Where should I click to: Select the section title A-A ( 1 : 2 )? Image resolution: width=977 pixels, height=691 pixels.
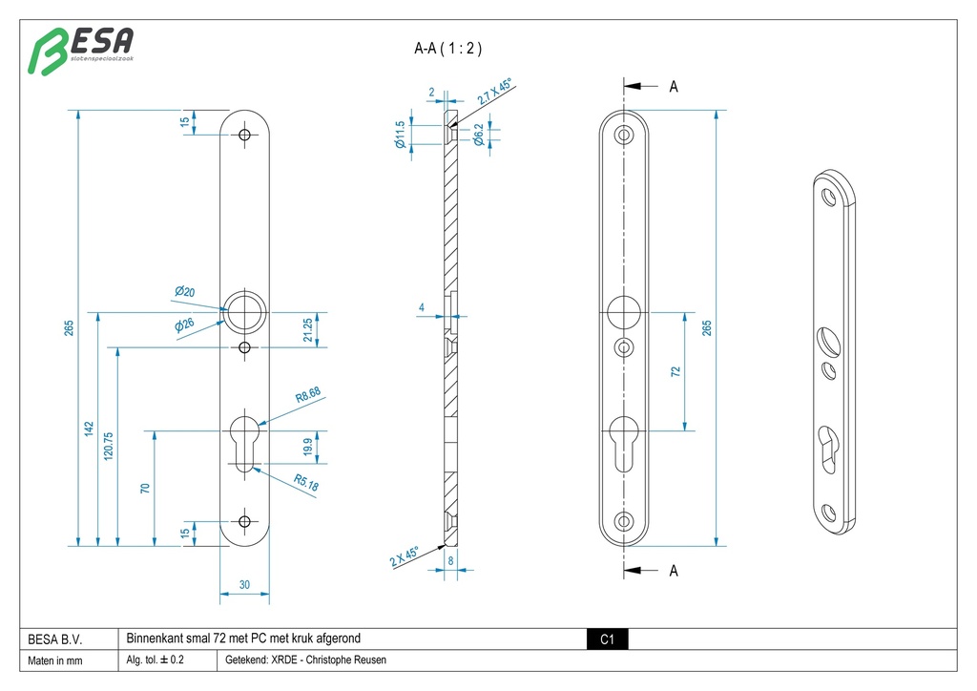click(448, 49)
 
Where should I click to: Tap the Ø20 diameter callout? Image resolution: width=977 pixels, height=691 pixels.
click(184, 291)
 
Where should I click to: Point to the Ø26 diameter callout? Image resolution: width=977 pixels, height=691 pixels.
click(184, 325)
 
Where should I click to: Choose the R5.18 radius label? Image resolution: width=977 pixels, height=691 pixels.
click(306, 486)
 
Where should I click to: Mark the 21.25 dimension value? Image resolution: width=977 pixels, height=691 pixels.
click(306, 330)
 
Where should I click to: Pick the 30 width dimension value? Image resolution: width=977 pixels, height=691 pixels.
click(244, 585)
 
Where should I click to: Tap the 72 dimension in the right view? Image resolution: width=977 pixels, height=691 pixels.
click(676, 371)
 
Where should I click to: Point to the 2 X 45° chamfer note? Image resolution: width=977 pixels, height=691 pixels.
click(405, 557)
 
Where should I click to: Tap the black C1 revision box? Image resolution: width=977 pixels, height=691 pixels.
click(607, 639)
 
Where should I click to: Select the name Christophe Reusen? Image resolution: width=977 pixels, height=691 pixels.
click(346, 660)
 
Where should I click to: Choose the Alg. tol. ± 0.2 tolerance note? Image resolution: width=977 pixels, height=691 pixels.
click(156, 660)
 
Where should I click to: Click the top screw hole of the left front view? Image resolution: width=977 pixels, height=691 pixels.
click(245, 136)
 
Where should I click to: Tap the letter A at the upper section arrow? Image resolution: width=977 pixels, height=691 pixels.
click(674, 87)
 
